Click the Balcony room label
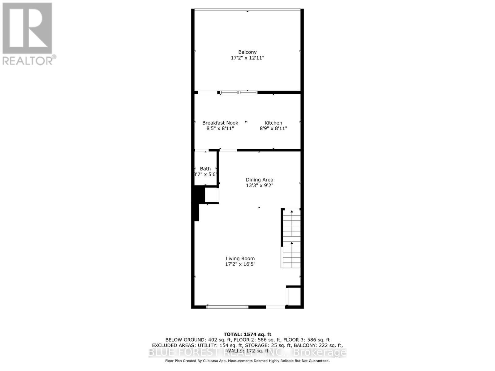pos(247,52)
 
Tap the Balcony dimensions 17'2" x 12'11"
pos(247,58)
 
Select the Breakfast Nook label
pos(220,123)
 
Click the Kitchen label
pos(273,123)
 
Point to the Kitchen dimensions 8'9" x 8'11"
pos(273,128)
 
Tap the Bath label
pos(205,168)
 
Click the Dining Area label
pos(259,180)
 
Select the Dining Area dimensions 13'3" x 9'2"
pos(259,185)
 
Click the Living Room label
pos(240,258)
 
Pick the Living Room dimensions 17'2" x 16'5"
pos(240,264)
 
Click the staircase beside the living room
pos(291,238)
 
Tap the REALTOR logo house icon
pos(27,28)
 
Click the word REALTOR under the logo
pos(28,60)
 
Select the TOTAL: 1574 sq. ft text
pos(247,334)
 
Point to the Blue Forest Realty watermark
pos(247,352)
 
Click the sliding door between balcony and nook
pos(239,92)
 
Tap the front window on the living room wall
pos(227,307)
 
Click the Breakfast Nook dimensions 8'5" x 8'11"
pos(220,128)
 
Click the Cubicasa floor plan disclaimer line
pos(247,361)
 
